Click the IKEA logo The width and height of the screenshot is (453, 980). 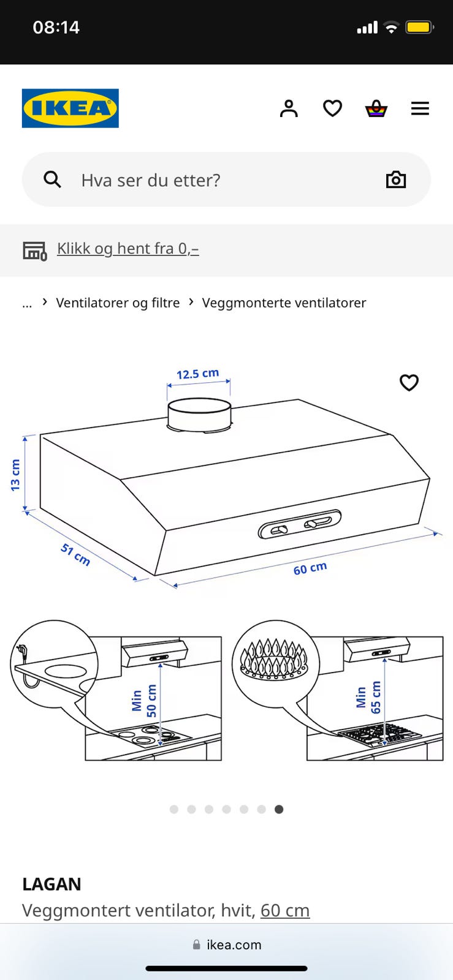[x=70, y=108]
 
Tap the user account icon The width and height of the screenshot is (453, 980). [x=289, y=108]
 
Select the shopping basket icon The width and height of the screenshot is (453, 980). [x=376, y=108]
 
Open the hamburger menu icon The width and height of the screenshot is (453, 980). [x=420, y=108]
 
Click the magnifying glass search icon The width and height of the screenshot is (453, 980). [x=52, y=179]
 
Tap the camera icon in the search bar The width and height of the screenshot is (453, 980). [x=395, y=179]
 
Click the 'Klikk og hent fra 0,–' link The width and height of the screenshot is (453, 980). [x=128, y=249]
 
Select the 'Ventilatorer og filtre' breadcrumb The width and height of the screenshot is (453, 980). [x=118, y=303]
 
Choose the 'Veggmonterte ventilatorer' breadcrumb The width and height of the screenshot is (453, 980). [x=284, y=303]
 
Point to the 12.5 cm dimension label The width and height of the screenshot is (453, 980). [x=198, y=374]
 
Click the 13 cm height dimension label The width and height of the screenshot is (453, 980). [x=15, y=475]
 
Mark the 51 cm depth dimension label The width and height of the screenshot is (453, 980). [x=75, y=554]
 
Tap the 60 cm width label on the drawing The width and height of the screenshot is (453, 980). [x=310, y=568]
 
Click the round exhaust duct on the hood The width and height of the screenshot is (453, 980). [x=200, y=414]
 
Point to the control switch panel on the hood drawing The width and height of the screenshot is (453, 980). [x=299, y=524]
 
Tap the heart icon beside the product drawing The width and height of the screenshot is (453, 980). [x=409, y=382]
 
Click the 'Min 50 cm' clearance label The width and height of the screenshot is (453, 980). [x=144, y=700]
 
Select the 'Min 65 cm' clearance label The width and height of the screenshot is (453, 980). [x=368, y=697]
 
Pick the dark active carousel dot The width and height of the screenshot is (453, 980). [x=279, y=809]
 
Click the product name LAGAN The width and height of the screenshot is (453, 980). [x=51, y=884]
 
